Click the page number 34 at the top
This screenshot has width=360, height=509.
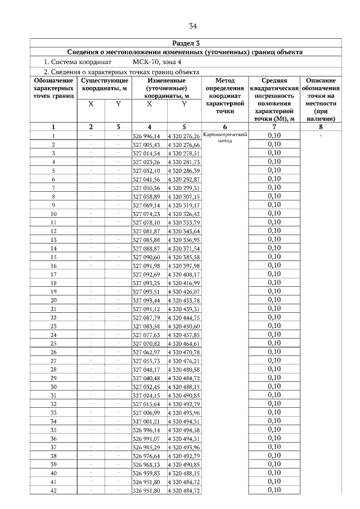[193, 26]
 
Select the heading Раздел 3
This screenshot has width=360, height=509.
[185, 43]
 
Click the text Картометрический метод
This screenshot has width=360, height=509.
[224, 138]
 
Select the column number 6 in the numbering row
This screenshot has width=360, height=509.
[224, 127]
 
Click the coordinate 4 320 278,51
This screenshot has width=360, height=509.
[184, 154]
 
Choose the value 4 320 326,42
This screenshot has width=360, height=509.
[184, 214]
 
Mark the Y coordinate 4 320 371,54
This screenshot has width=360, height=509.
[184, 248]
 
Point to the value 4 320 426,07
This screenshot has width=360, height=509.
[184, 291]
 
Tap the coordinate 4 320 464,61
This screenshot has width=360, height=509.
[184, 343]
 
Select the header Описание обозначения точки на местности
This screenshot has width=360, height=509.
[321, 100]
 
